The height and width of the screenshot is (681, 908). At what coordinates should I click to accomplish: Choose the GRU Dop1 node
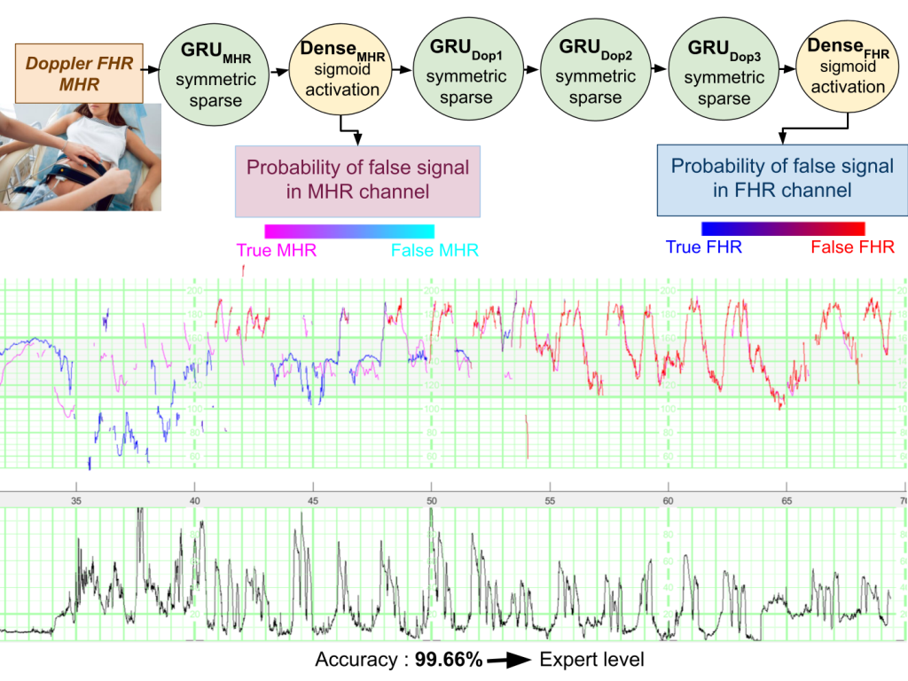pos(466,72)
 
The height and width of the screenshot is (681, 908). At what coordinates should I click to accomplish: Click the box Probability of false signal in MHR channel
pos(357,181)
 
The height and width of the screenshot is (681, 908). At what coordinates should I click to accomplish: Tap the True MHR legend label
pos(277,251)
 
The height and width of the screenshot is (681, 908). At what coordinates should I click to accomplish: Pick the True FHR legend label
pos(703,247)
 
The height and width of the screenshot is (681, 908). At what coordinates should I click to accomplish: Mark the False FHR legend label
pos(852,247)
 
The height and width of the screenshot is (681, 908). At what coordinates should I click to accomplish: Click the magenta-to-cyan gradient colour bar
pos(349,231)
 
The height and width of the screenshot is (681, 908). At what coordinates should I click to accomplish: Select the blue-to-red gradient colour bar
pos(782,229)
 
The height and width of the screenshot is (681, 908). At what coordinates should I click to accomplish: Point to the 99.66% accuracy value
pos(448,661)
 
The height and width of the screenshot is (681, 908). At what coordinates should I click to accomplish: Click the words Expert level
pos(591,661)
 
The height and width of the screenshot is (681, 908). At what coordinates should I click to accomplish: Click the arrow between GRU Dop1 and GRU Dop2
pos(530,67)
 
